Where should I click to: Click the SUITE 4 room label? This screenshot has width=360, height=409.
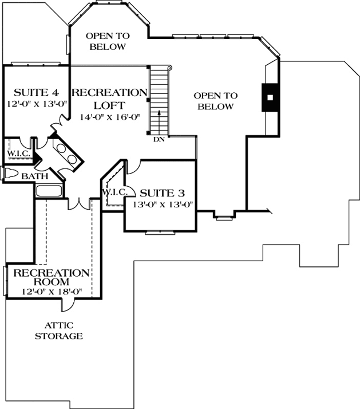click(36, 92)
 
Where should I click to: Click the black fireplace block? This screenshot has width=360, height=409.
click(268, 97)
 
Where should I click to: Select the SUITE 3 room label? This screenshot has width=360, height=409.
click(163, 192)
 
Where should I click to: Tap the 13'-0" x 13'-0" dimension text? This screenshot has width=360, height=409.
click(164, 203)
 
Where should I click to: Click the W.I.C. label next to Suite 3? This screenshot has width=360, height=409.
click(114, 191)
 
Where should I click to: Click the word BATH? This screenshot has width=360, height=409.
click(35, 176)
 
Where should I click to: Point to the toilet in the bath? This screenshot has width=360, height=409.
click(10, 173)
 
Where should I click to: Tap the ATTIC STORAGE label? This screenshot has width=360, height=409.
click(58, 331)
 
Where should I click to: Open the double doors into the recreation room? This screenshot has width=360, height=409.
click(79, 203)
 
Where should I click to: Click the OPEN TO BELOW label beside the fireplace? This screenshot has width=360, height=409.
click(216, 101)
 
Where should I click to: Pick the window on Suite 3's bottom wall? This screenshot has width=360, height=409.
click(160, 232)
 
